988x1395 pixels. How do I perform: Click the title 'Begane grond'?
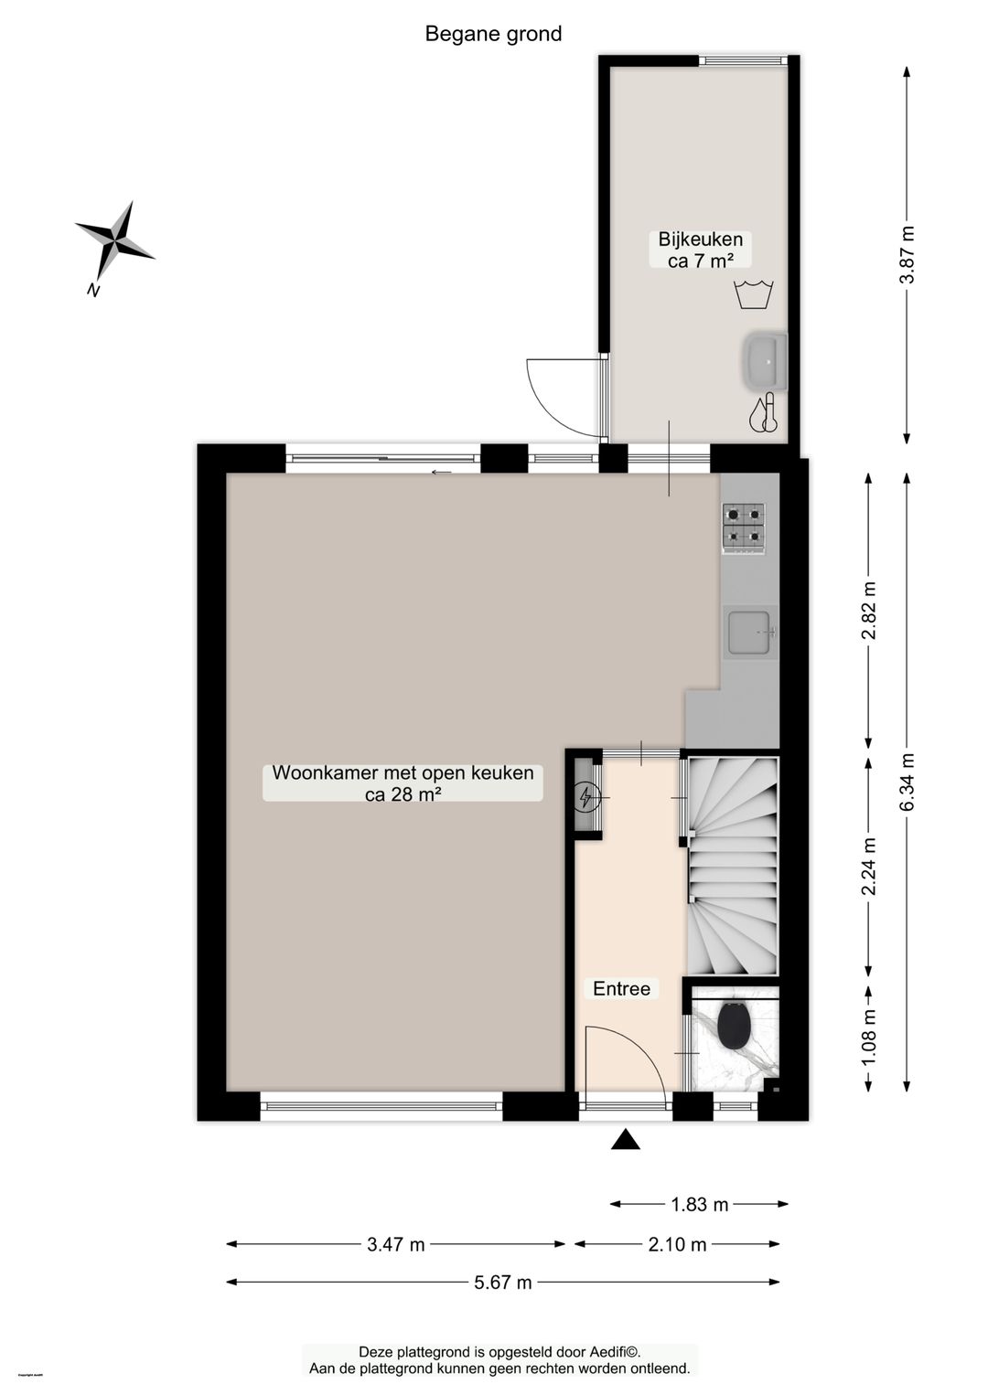point(493,34)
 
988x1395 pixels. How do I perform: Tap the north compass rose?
point(114,241)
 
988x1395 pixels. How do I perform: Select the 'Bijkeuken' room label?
point(701,240)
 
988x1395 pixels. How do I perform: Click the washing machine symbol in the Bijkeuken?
point(755,294)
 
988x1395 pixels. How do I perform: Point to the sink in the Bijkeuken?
point(765,358)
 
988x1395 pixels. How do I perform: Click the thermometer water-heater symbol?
point(764,412)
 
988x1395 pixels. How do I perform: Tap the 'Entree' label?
point(621,988)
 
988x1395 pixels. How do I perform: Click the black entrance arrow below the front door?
point(625,1139)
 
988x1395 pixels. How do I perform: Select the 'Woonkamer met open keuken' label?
point(403,772)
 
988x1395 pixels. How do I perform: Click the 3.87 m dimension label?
point(907,254)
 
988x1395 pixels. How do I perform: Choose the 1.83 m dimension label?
point(700,1204)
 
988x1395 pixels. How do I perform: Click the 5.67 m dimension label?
point(503,1282)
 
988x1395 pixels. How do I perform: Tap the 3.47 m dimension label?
point(396,1243)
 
